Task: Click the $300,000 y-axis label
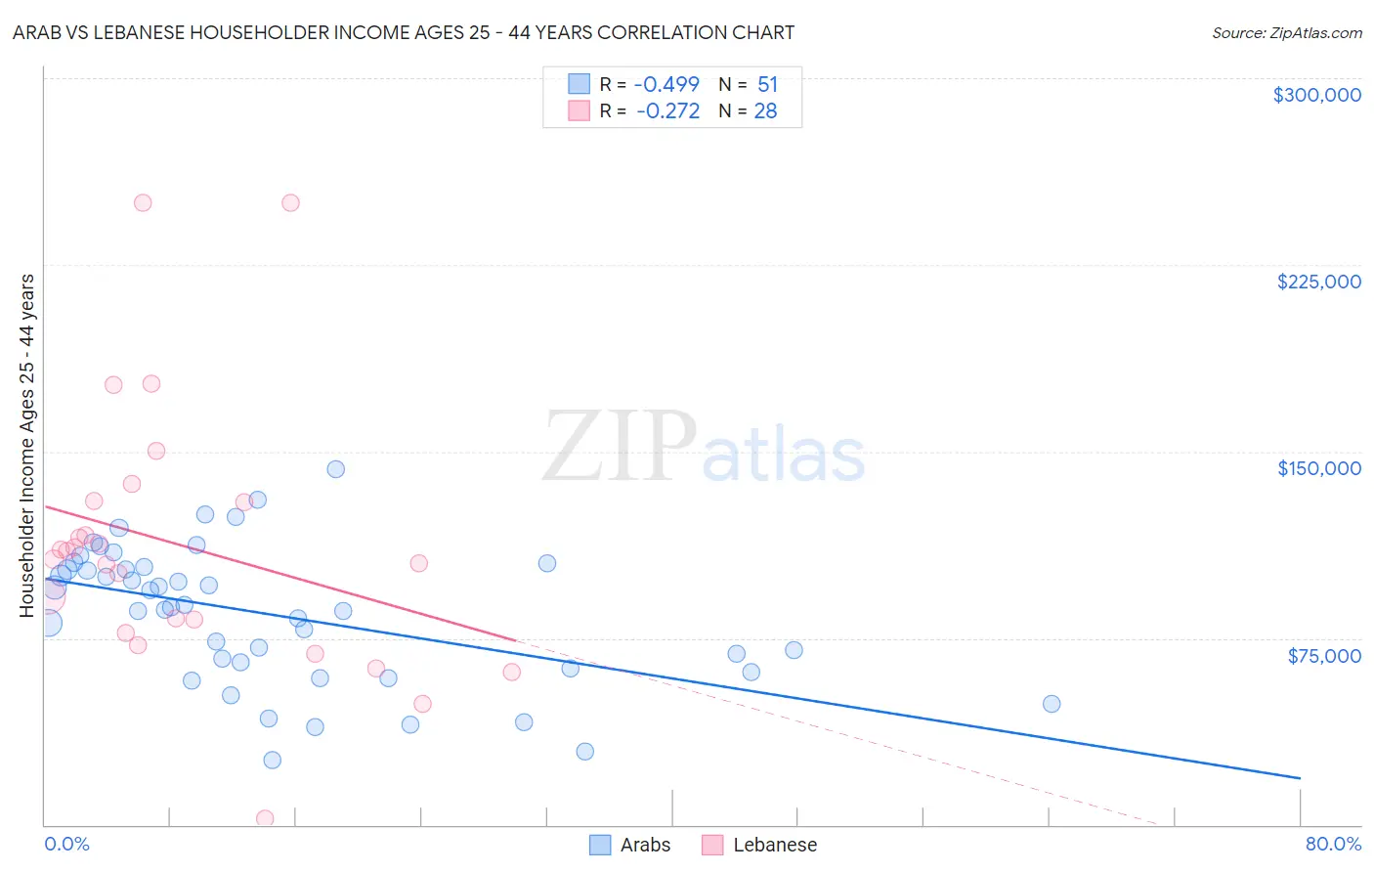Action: (1316, 95)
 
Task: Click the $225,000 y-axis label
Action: (1318, 282)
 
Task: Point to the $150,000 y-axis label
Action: (1318, 468)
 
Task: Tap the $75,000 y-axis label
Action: (1323, 656)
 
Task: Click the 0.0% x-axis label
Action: (66, 844)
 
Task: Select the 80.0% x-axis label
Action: (1333, 844)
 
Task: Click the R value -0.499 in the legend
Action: (666, 84)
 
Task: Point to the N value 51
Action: (767, 84)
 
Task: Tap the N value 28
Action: (765, 111)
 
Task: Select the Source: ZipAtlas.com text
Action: (1286, 32)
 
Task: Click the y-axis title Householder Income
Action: (26, 445)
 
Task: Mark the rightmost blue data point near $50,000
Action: (1052, 704)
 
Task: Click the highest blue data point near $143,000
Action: (335, 469)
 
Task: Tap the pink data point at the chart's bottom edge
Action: (264, 818)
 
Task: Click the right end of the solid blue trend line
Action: (1300, 778)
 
